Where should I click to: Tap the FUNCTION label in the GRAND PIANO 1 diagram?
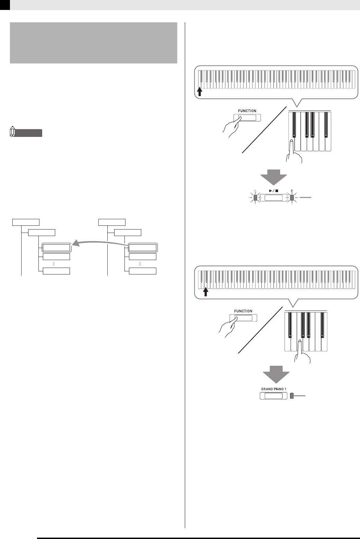(x=243, y=311)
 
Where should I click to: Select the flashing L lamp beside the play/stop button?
(x=255, y=198)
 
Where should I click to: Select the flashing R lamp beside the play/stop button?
(x=292, y=198)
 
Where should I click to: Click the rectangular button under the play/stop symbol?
(x=273, y=198)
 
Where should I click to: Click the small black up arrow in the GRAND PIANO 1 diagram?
(x=206, y=291)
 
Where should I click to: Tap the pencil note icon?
(x=13, y=132)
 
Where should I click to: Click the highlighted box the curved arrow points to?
(x=56, y=247)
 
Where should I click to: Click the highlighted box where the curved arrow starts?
(x=142, y=247)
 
